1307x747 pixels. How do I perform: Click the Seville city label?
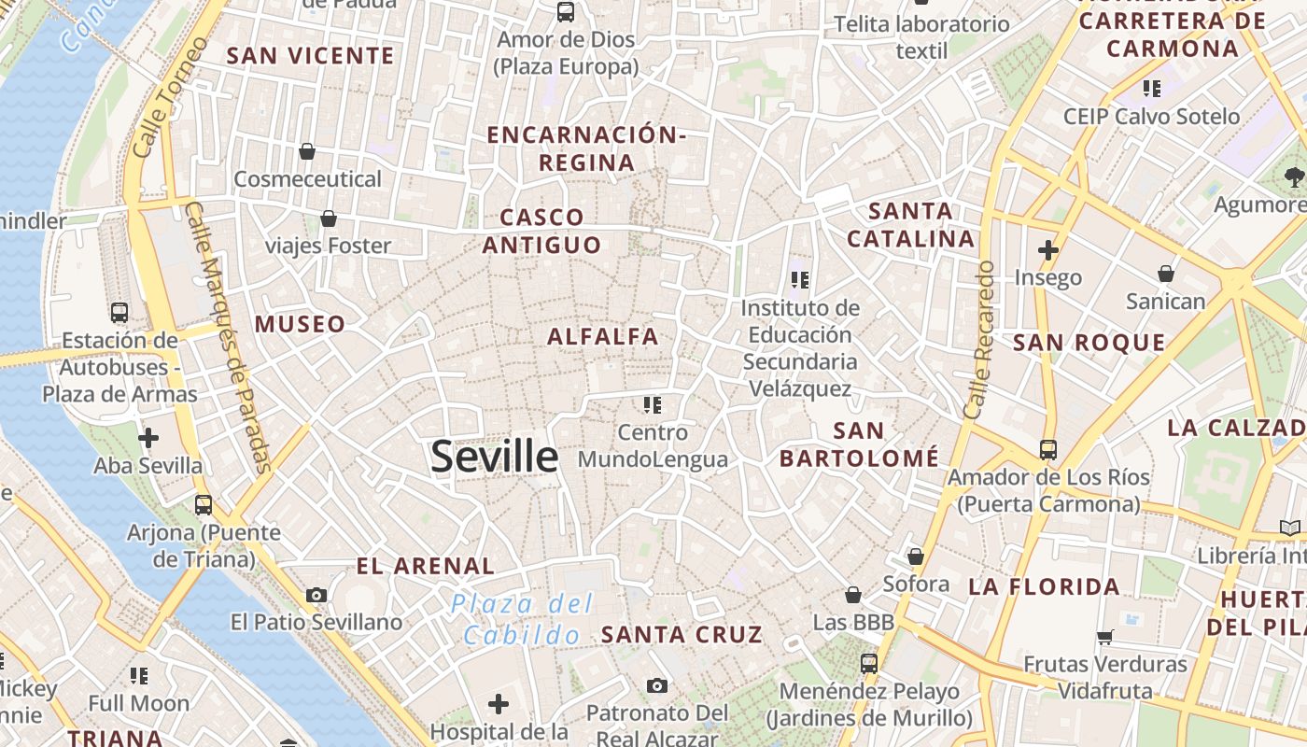[x=494, y=457]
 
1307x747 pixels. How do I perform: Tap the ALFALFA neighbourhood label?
[x=603, y=336]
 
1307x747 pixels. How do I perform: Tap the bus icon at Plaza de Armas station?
[x=119, y=312]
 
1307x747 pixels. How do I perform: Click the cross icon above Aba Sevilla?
[x=148, y=437]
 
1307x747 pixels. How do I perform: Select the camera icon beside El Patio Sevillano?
[x=316, y=595]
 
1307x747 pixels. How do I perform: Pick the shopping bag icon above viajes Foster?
[x=329, y=218]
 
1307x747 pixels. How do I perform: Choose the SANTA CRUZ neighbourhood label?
[x=682, y=635]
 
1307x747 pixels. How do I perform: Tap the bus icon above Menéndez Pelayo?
[x=869, y=663]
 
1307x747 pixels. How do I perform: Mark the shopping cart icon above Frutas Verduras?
[x=1105, y=637]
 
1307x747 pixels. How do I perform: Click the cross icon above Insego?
[x=1048, y=250]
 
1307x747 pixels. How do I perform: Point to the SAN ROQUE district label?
[x=1089, y=343]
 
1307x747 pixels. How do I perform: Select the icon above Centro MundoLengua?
[x=653, y=404]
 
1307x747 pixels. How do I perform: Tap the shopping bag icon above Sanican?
[x=1166, y=273]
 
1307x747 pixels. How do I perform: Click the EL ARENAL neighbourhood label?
[x=426, y=566]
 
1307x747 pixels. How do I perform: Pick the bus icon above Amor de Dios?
[x=566, y=12]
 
